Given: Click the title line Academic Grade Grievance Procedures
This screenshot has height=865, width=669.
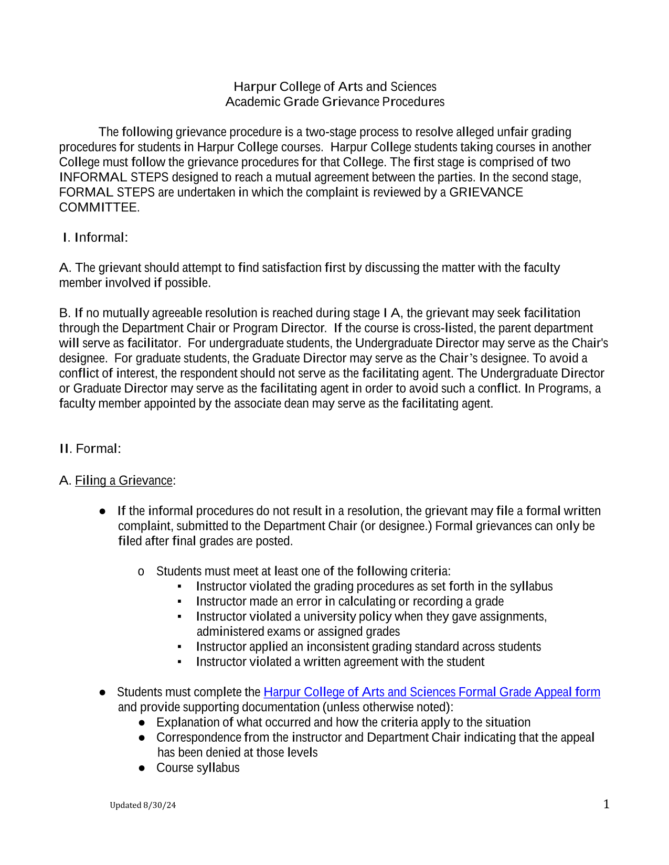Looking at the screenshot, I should pyautogui.click(x=335, y=102).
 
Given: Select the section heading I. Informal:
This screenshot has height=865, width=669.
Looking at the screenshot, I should pyautogui.click(x=95, y=238).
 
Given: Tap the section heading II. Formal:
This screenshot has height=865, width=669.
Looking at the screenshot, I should pyautogui.click(x=90, y=449).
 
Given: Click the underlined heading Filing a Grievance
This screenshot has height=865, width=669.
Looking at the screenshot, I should pyautogui.click(x=124, y=480).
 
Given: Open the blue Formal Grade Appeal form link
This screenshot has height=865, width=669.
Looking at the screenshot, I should pyautogui.click(x=431, y=692).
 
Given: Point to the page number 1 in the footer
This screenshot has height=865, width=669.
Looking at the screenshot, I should pyautogui.click(x=606, y=805).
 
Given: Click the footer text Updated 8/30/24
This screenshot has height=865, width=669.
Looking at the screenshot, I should pyautogui.click(x=143, y=805).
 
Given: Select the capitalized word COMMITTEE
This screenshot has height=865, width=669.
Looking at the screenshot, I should pyautogui.click(x=99, y=208).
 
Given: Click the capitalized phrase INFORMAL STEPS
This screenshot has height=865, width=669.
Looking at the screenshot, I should pyautogui.click(x=114, y=177).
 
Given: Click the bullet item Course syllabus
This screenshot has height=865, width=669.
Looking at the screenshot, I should pyautogui.click(x=198, y=768).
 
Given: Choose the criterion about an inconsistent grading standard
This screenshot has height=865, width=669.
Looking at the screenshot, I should pyautogui.click(x=368, y=647).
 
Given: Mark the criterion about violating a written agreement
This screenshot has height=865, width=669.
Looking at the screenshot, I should pyautogui.click(x=340, y=662).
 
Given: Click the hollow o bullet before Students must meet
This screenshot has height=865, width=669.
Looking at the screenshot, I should pyautogui.click(x=141, y=572).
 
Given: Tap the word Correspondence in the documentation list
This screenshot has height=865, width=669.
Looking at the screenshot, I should pyautogui.click(x=199, y=738).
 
